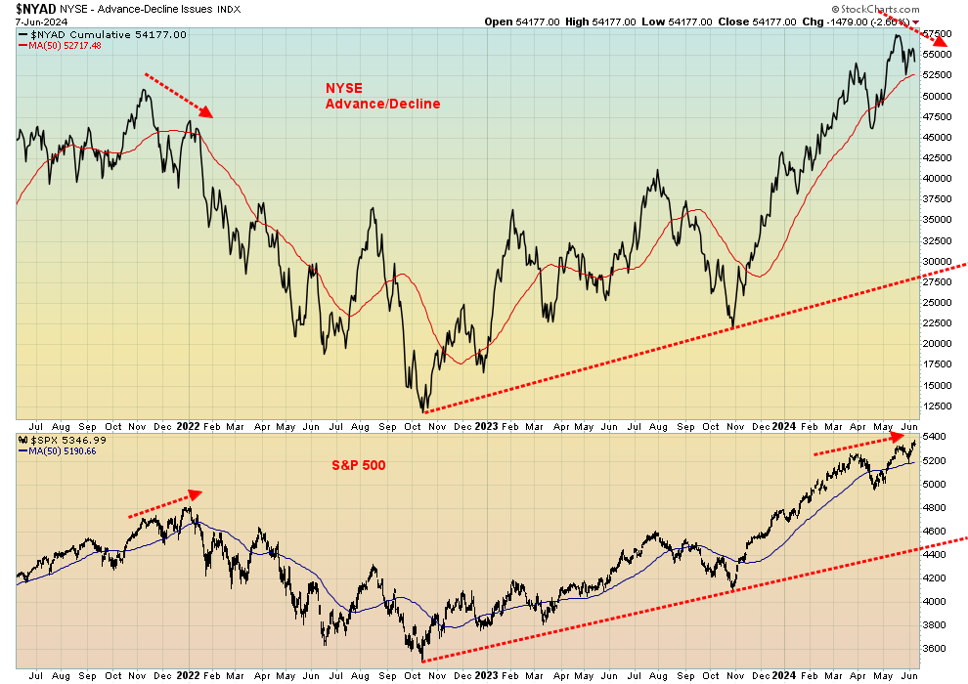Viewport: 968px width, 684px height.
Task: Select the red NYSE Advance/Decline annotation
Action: click(x=382, y=96)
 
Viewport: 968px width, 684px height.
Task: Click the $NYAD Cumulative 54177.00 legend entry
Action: click(x=104, y=35)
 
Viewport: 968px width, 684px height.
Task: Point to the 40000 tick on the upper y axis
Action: click(x=938, y=179)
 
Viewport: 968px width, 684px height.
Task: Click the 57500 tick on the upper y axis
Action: click(x=938, y=34)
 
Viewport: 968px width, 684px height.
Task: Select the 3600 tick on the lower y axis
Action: click(x=935, y=649)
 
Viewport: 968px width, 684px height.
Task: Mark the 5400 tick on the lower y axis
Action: click(x=935, y=438)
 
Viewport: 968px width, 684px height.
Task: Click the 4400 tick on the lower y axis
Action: click(x=935, y=555)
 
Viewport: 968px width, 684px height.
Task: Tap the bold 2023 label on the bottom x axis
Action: click(x=486, y=674)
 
